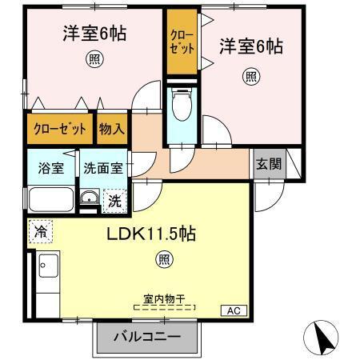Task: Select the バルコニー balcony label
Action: pos(146,338)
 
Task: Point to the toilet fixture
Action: pos(180,104)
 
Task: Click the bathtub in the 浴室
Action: pos(51,200)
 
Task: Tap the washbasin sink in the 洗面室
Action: pos(90,200)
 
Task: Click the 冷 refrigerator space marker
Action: pos(39,232)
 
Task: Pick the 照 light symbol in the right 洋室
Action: pos(250,76)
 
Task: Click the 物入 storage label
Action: pos(112,129)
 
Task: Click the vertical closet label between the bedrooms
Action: pos(182,42)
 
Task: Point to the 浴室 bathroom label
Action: pos(52,169)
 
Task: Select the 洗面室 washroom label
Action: pos(102,169)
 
